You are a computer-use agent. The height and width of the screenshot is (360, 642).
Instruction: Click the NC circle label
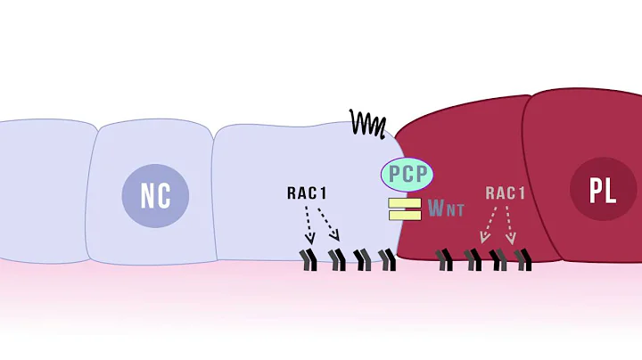[155, 195]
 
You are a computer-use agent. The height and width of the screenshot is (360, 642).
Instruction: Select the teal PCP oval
[406, 173]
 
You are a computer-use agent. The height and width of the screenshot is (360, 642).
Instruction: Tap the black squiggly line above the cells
[367, 121]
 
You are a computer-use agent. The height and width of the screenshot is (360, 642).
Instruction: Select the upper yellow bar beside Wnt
[404, 203]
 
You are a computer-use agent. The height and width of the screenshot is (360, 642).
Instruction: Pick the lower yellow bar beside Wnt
[404, 215]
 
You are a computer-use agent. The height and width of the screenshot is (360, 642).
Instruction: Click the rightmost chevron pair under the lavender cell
[387, 259]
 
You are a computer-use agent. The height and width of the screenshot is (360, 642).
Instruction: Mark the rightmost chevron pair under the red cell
[523, 259]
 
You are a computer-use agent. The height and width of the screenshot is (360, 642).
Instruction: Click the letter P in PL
[595, 191]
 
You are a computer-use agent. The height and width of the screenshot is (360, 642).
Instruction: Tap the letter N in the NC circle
[147, 195]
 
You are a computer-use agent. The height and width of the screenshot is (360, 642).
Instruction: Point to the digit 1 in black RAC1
[325, 192]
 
